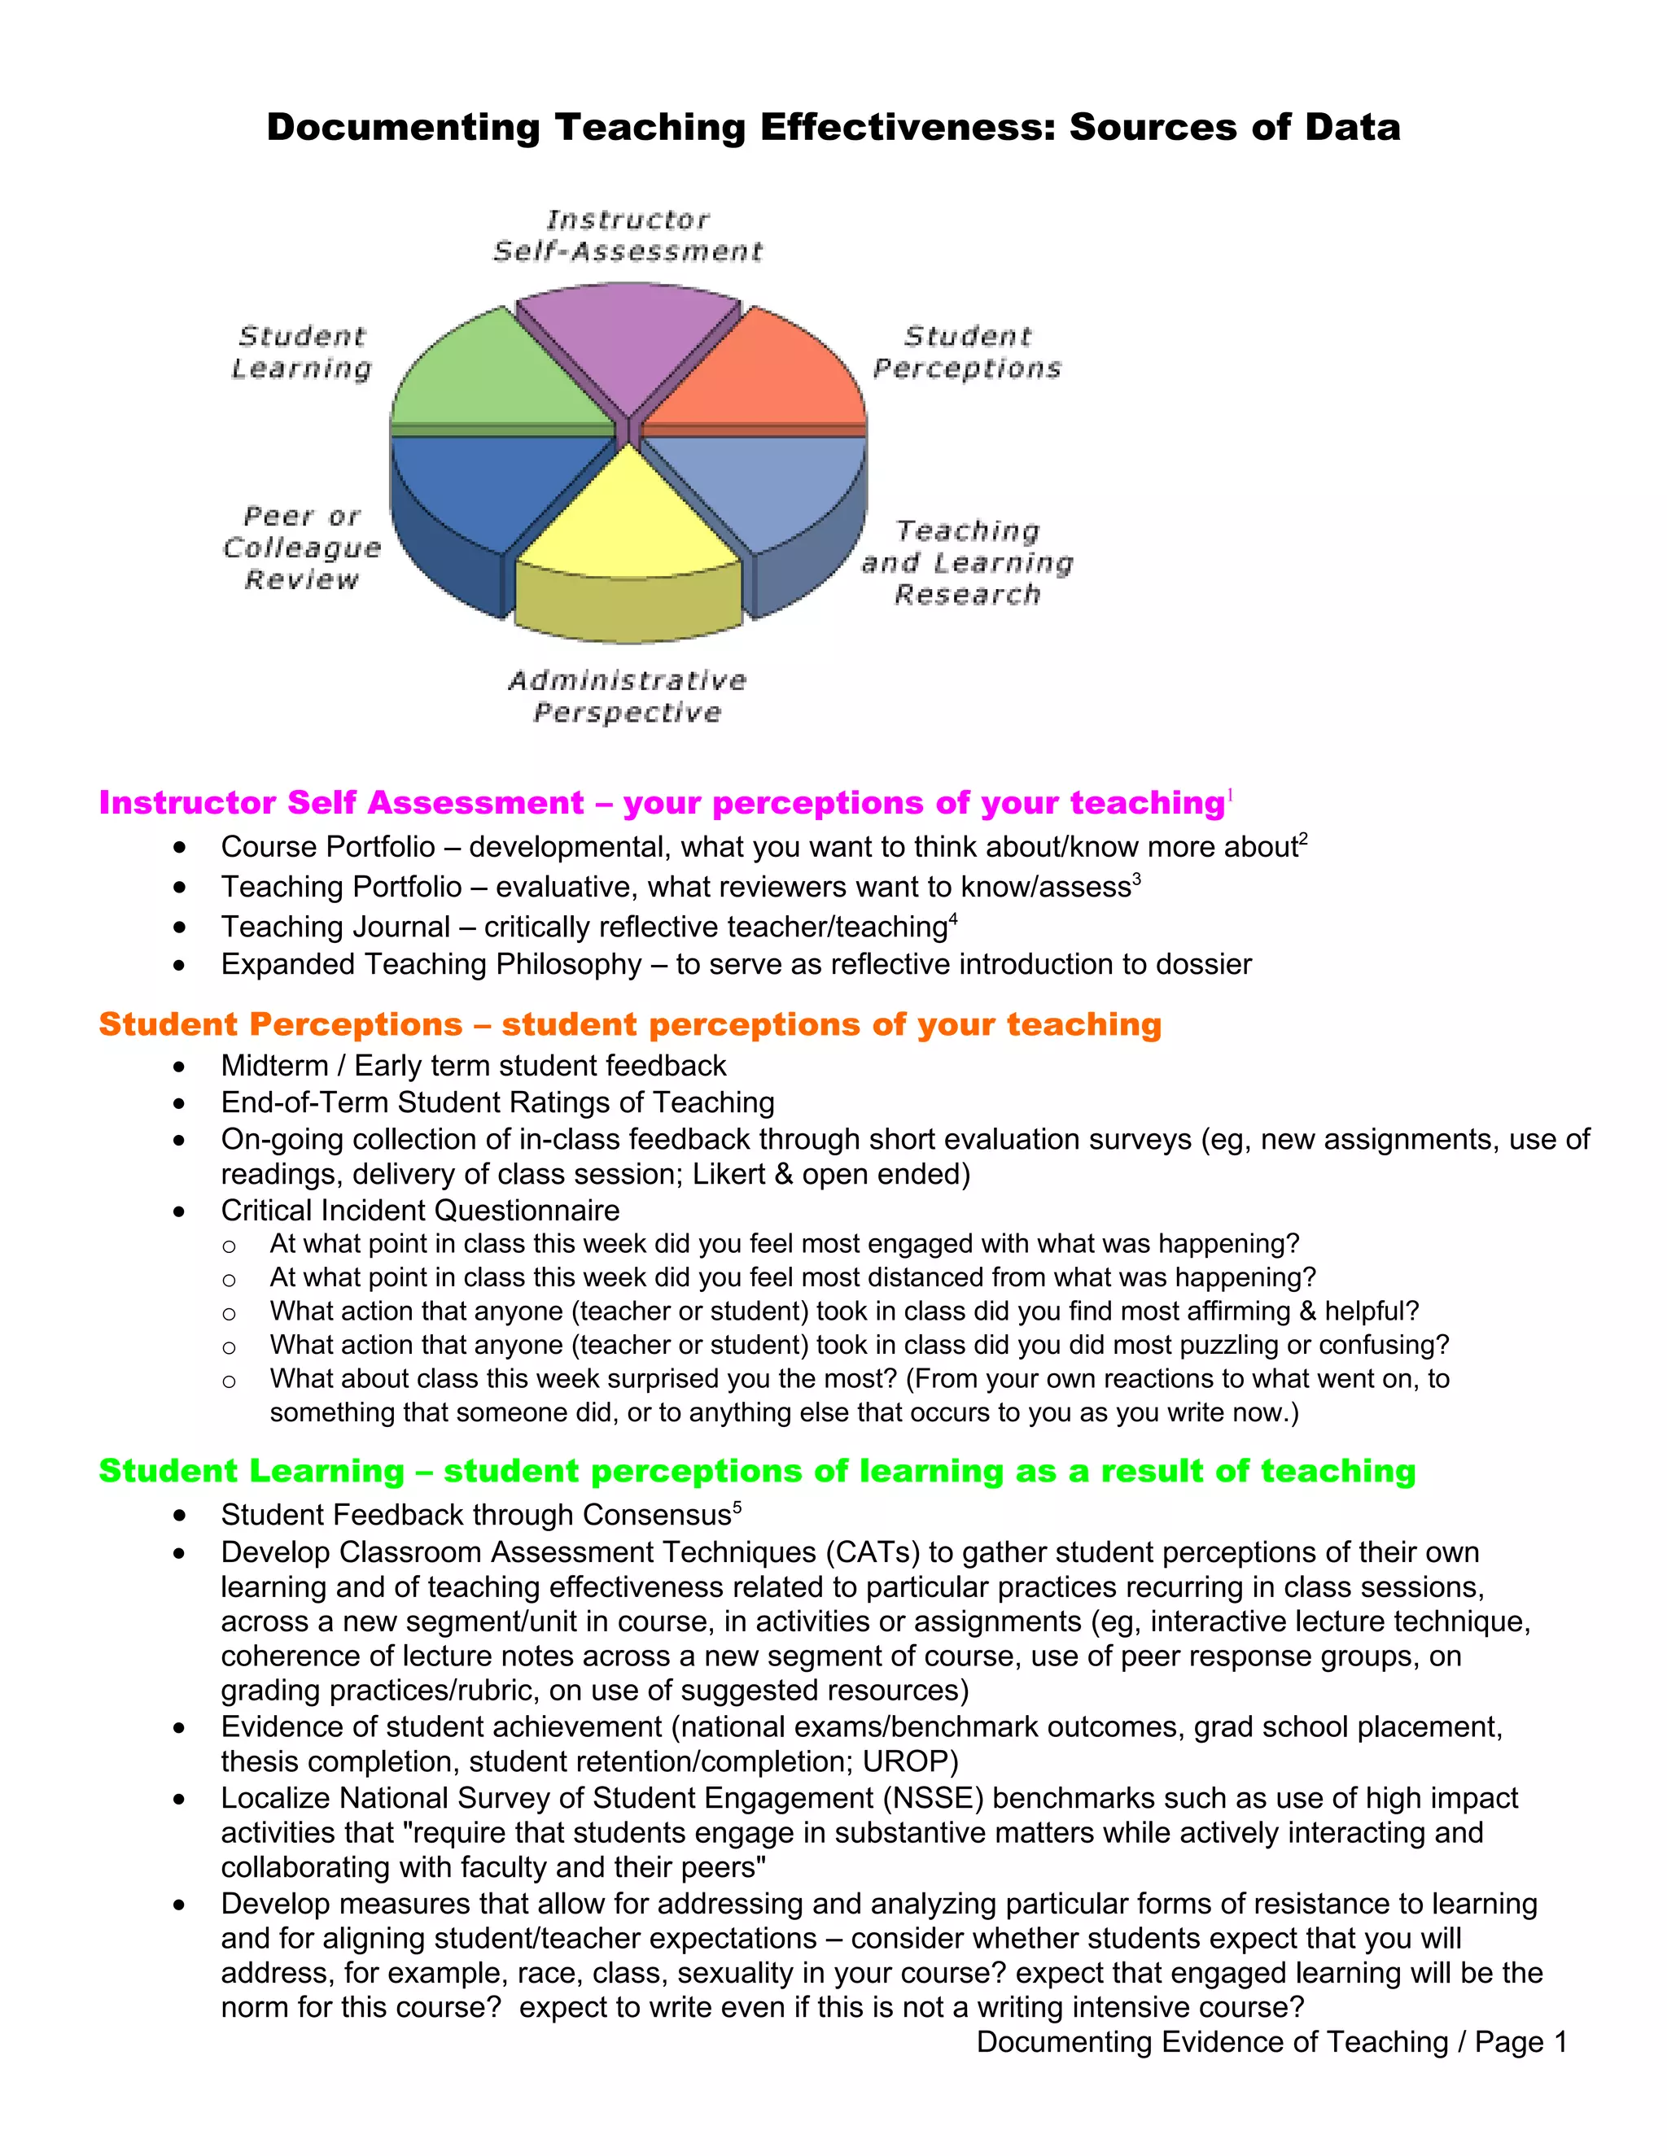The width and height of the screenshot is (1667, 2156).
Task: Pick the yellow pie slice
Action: (x=628, y=523)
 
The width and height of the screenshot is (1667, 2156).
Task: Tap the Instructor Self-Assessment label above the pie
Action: (x=628, y=235)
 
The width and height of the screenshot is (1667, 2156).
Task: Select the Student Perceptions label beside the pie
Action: (x=967, y=352)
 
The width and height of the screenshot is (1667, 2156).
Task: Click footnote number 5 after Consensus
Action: (x=737, y=1507)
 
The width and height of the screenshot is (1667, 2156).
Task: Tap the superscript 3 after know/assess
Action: (x=1136, y=878)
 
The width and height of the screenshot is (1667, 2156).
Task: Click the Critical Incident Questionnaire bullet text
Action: (x=420, y=1211)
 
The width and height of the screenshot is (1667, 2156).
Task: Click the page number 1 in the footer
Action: (x=1560, y=2041)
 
